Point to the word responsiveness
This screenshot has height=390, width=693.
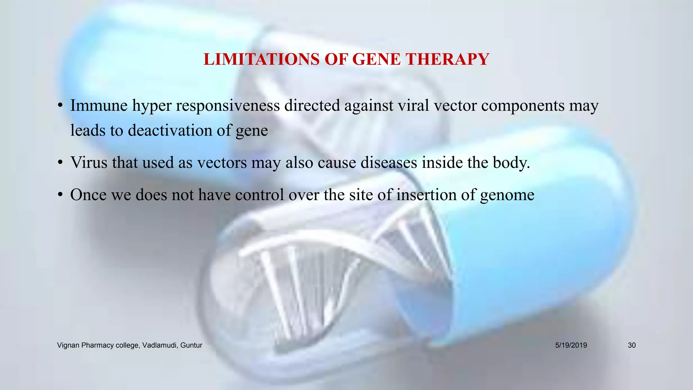click(228, 106)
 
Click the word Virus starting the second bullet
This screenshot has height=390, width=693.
click(89, 162)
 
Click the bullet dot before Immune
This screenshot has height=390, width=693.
click(60, 106)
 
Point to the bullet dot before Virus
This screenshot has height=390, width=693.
click(60, 163)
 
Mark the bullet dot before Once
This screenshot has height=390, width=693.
click(60, 195)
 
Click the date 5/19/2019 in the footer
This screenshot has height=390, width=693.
click(571, 345)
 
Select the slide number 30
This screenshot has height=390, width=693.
click(632, 345)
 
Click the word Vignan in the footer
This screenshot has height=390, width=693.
click(68, 345)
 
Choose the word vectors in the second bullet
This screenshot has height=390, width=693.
click(222, 163)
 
